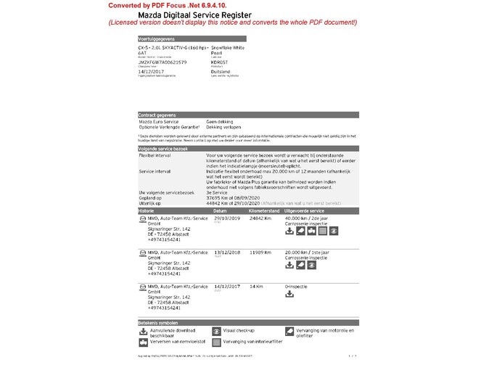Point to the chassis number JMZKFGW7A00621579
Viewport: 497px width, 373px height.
coord(163,62)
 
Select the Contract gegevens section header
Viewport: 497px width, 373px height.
coord(158,115)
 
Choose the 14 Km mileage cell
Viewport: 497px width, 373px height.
coord(255,286)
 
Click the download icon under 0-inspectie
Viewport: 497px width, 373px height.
coord(289,295)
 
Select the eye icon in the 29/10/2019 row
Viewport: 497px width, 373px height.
coord(334,231)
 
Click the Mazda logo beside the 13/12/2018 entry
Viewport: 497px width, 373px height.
coord(141,252)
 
